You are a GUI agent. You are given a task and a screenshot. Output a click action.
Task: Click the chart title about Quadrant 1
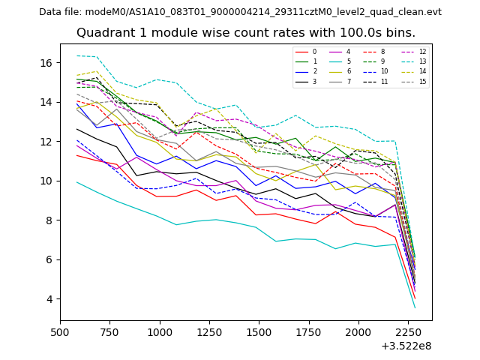click(246, 33)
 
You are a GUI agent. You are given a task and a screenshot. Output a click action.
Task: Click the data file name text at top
click(240, 12)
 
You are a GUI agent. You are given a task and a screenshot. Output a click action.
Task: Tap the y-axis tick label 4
click(52, 299)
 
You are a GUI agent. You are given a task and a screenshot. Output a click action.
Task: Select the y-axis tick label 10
click(50, 181)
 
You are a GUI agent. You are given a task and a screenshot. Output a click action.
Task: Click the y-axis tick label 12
click(50, 141)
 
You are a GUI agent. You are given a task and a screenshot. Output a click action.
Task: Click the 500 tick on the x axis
click(61, 331)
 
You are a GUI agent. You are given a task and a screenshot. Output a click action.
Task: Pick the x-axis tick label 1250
click(209, 331)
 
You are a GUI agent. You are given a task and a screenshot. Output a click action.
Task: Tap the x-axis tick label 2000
click(358, 331)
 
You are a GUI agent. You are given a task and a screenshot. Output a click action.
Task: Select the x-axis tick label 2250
click(407, 331)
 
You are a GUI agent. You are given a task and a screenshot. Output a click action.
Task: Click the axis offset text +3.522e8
click(406, 346)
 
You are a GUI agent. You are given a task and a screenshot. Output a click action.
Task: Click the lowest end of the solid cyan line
click(415, 308)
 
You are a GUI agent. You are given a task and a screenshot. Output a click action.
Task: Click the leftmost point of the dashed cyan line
click(76, 55)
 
